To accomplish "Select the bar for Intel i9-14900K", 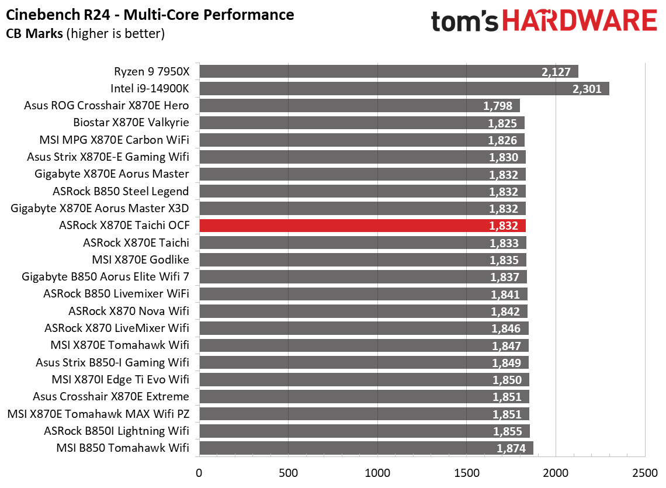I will point(403,89).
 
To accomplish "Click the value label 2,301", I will point(588,89).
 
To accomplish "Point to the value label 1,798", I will point(498,106).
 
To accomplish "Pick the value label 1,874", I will point(511,448).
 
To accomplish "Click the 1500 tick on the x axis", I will point(466,472).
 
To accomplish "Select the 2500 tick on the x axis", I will point(644,472).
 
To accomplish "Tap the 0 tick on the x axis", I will point(199,472).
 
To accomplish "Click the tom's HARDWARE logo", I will point(543,22).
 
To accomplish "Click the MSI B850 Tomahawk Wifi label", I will point(123,448).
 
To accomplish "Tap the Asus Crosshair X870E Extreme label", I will point(111,397).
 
